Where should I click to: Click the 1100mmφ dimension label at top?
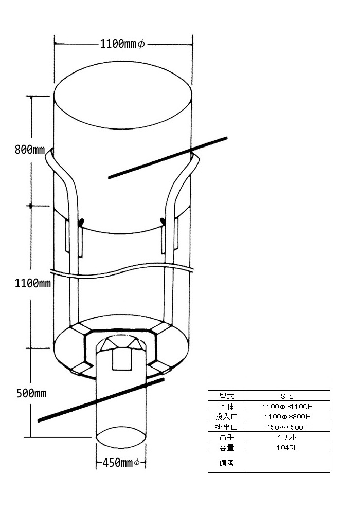point(122,44)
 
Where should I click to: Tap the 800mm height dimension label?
point(29,150)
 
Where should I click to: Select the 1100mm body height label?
point(33,283)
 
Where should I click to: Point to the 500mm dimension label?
point(31,393)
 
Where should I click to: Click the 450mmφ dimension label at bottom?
point(121,463)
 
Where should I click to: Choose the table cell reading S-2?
point(287,396)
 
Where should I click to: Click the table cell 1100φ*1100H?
point(287,407)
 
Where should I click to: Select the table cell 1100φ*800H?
point(287,417)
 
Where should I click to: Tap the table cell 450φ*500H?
point(287,427)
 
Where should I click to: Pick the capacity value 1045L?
point(287,448)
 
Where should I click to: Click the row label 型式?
point(227,396)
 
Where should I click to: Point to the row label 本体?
point(227,407)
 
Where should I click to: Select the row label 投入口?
point(227,417)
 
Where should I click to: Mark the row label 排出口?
point(227,427)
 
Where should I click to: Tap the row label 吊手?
point(227,437)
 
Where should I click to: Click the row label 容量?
point(227,448)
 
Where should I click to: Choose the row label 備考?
point(227,463)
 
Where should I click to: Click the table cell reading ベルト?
point(287,437)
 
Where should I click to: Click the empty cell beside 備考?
point(287,463)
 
